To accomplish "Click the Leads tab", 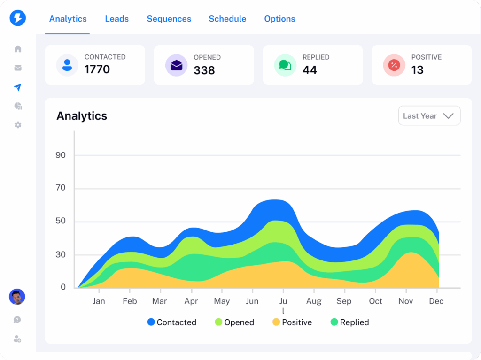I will (x=116, y=19).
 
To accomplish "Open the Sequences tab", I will (x=169, y=19).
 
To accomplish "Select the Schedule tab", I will (x=227, y=19).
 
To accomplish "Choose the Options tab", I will (x=279, y=19).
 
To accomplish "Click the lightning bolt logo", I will (x=18, y=18).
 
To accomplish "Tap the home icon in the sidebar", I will (x=18, y=49).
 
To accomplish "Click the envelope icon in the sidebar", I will (x=18, y=68).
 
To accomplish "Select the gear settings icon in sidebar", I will (x=18, y=125).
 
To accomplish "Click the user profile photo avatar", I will (x=17, y=297).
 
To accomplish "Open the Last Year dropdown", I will (x=429, y=116).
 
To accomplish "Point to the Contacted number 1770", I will (x=97, y=69).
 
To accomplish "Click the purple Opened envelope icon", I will (x=176, y=65).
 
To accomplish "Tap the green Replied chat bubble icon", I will (x=285, y=65).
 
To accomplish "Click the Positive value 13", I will (x=417, y=70).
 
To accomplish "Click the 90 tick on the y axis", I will (x=61, y=155).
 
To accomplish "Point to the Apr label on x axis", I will (x=191, y=301).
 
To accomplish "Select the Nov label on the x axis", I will (x=405, y=301).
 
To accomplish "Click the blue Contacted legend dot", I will (x=151, y=322).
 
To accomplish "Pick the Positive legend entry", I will (x=292, y=322).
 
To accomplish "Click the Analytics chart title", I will (x=82, y=116).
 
